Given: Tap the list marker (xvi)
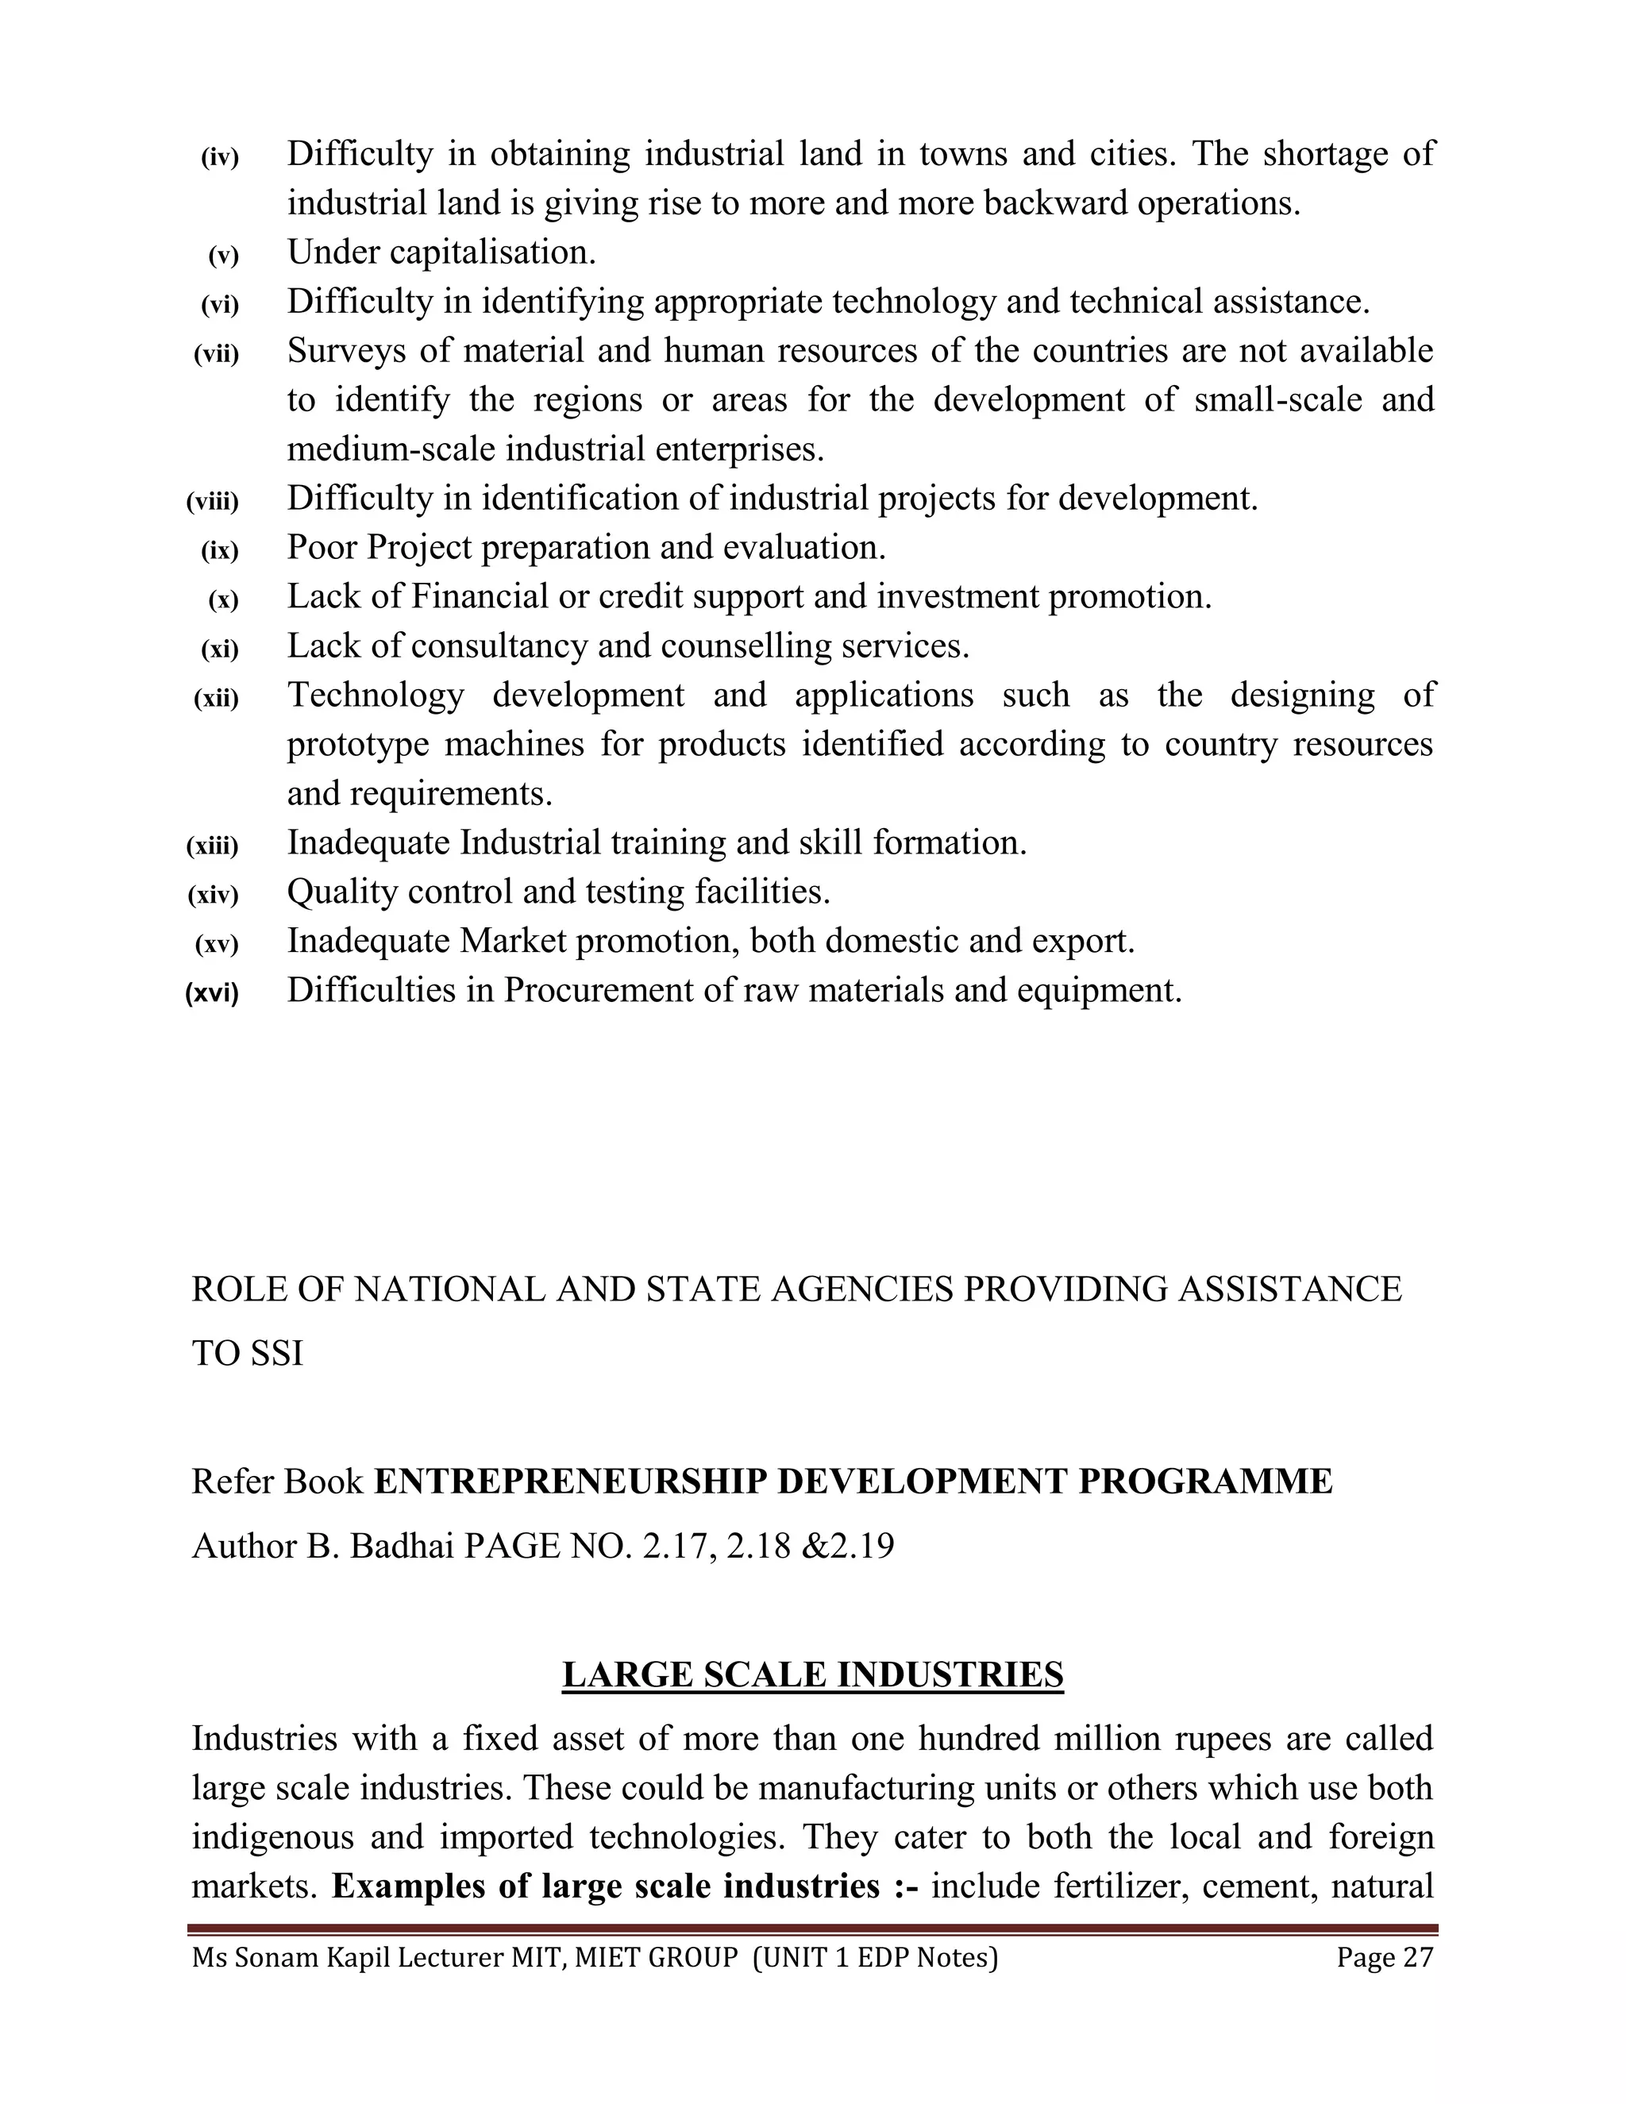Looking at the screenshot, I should (x=211, y=993).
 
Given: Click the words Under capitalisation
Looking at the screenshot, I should (x=441, y=252).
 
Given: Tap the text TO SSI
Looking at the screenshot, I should (x=248, y=1354).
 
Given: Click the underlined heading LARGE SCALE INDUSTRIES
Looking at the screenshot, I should (x=812, y=1674).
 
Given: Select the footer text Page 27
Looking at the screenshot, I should (x=1384, y=1958).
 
